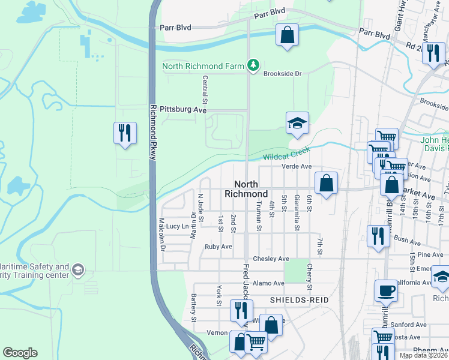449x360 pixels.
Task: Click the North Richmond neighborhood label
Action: [x=246, y=189]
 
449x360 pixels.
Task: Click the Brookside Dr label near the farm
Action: [x=282, y=73]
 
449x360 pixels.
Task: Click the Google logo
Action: [x=20, y=353]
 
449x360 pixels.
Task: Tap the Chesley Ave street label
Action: [x=271, y=259]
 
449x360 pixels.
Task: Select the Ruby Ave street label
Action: [x=218, y=247]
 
